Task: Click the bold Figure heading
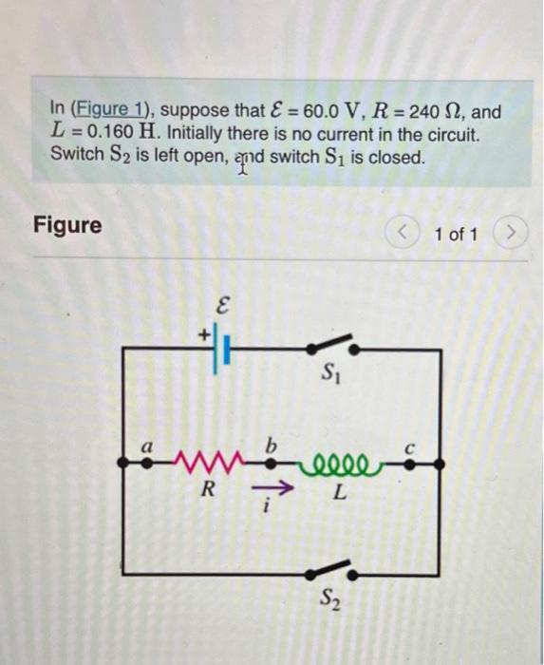pyautogui.click(x=67, y=225)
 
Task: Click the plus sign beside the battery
pyautogui.click(x=202, y=335)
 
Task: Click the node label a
pyautogui.click(x=147, y=445)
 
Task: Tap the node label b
pyautogui.click(x=271, y=443)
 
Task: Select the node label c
pyautogui.click(x=410, y=444)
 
